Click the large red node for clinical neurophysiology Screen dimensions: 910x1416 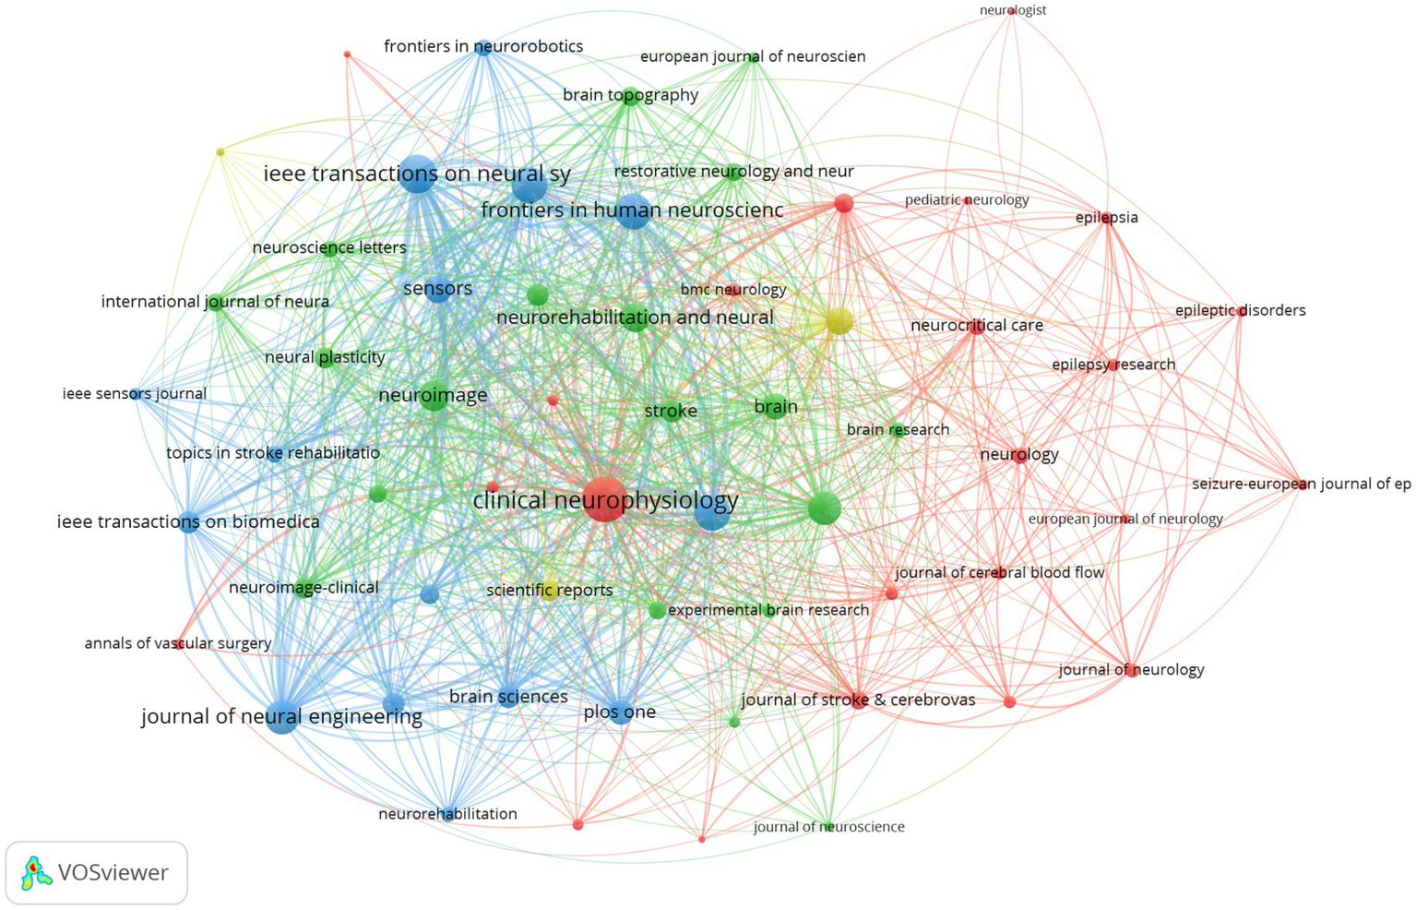[604, 499]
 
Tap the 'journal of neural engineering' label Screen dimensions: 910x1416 [281, 717]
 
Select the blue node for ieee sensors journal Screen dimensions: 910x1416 [136, 394]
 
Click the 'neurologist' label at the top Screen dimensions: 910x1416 [1012, 10]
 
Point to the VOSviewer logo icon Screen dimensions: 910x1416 [35, 872]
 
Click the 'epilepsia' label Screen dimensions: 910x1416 [1106, 218]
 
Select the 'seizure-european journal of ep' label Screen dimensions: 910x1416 [1301, 484]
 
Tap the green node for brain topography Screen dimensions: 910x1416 [630, 96]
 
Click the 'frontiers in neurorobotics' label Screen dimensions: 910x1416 [483, 46]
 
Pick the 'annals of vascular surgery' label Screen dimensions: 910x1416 [177, 643]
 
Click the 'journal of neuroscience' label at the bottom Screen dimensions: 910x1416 [828, 827]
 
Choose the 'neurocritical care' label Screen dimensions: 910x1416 [976, 325]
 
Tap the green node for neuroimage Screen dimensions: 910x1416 [434, 397]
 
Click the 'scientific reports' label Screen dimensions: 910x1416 [549, 591]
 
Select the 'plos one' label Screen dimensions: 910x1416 [619, 712]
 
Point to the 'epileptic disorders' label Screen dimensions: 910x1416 [1240, 310]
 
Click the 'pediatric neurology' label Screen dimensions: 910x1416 [966, 199]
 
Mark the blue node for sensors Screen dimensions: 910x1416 [438, 290]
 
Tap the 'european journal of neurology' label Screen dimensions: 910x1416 [1124, 519]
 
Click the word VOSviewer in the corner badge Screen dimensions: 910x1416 [113, 872]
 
